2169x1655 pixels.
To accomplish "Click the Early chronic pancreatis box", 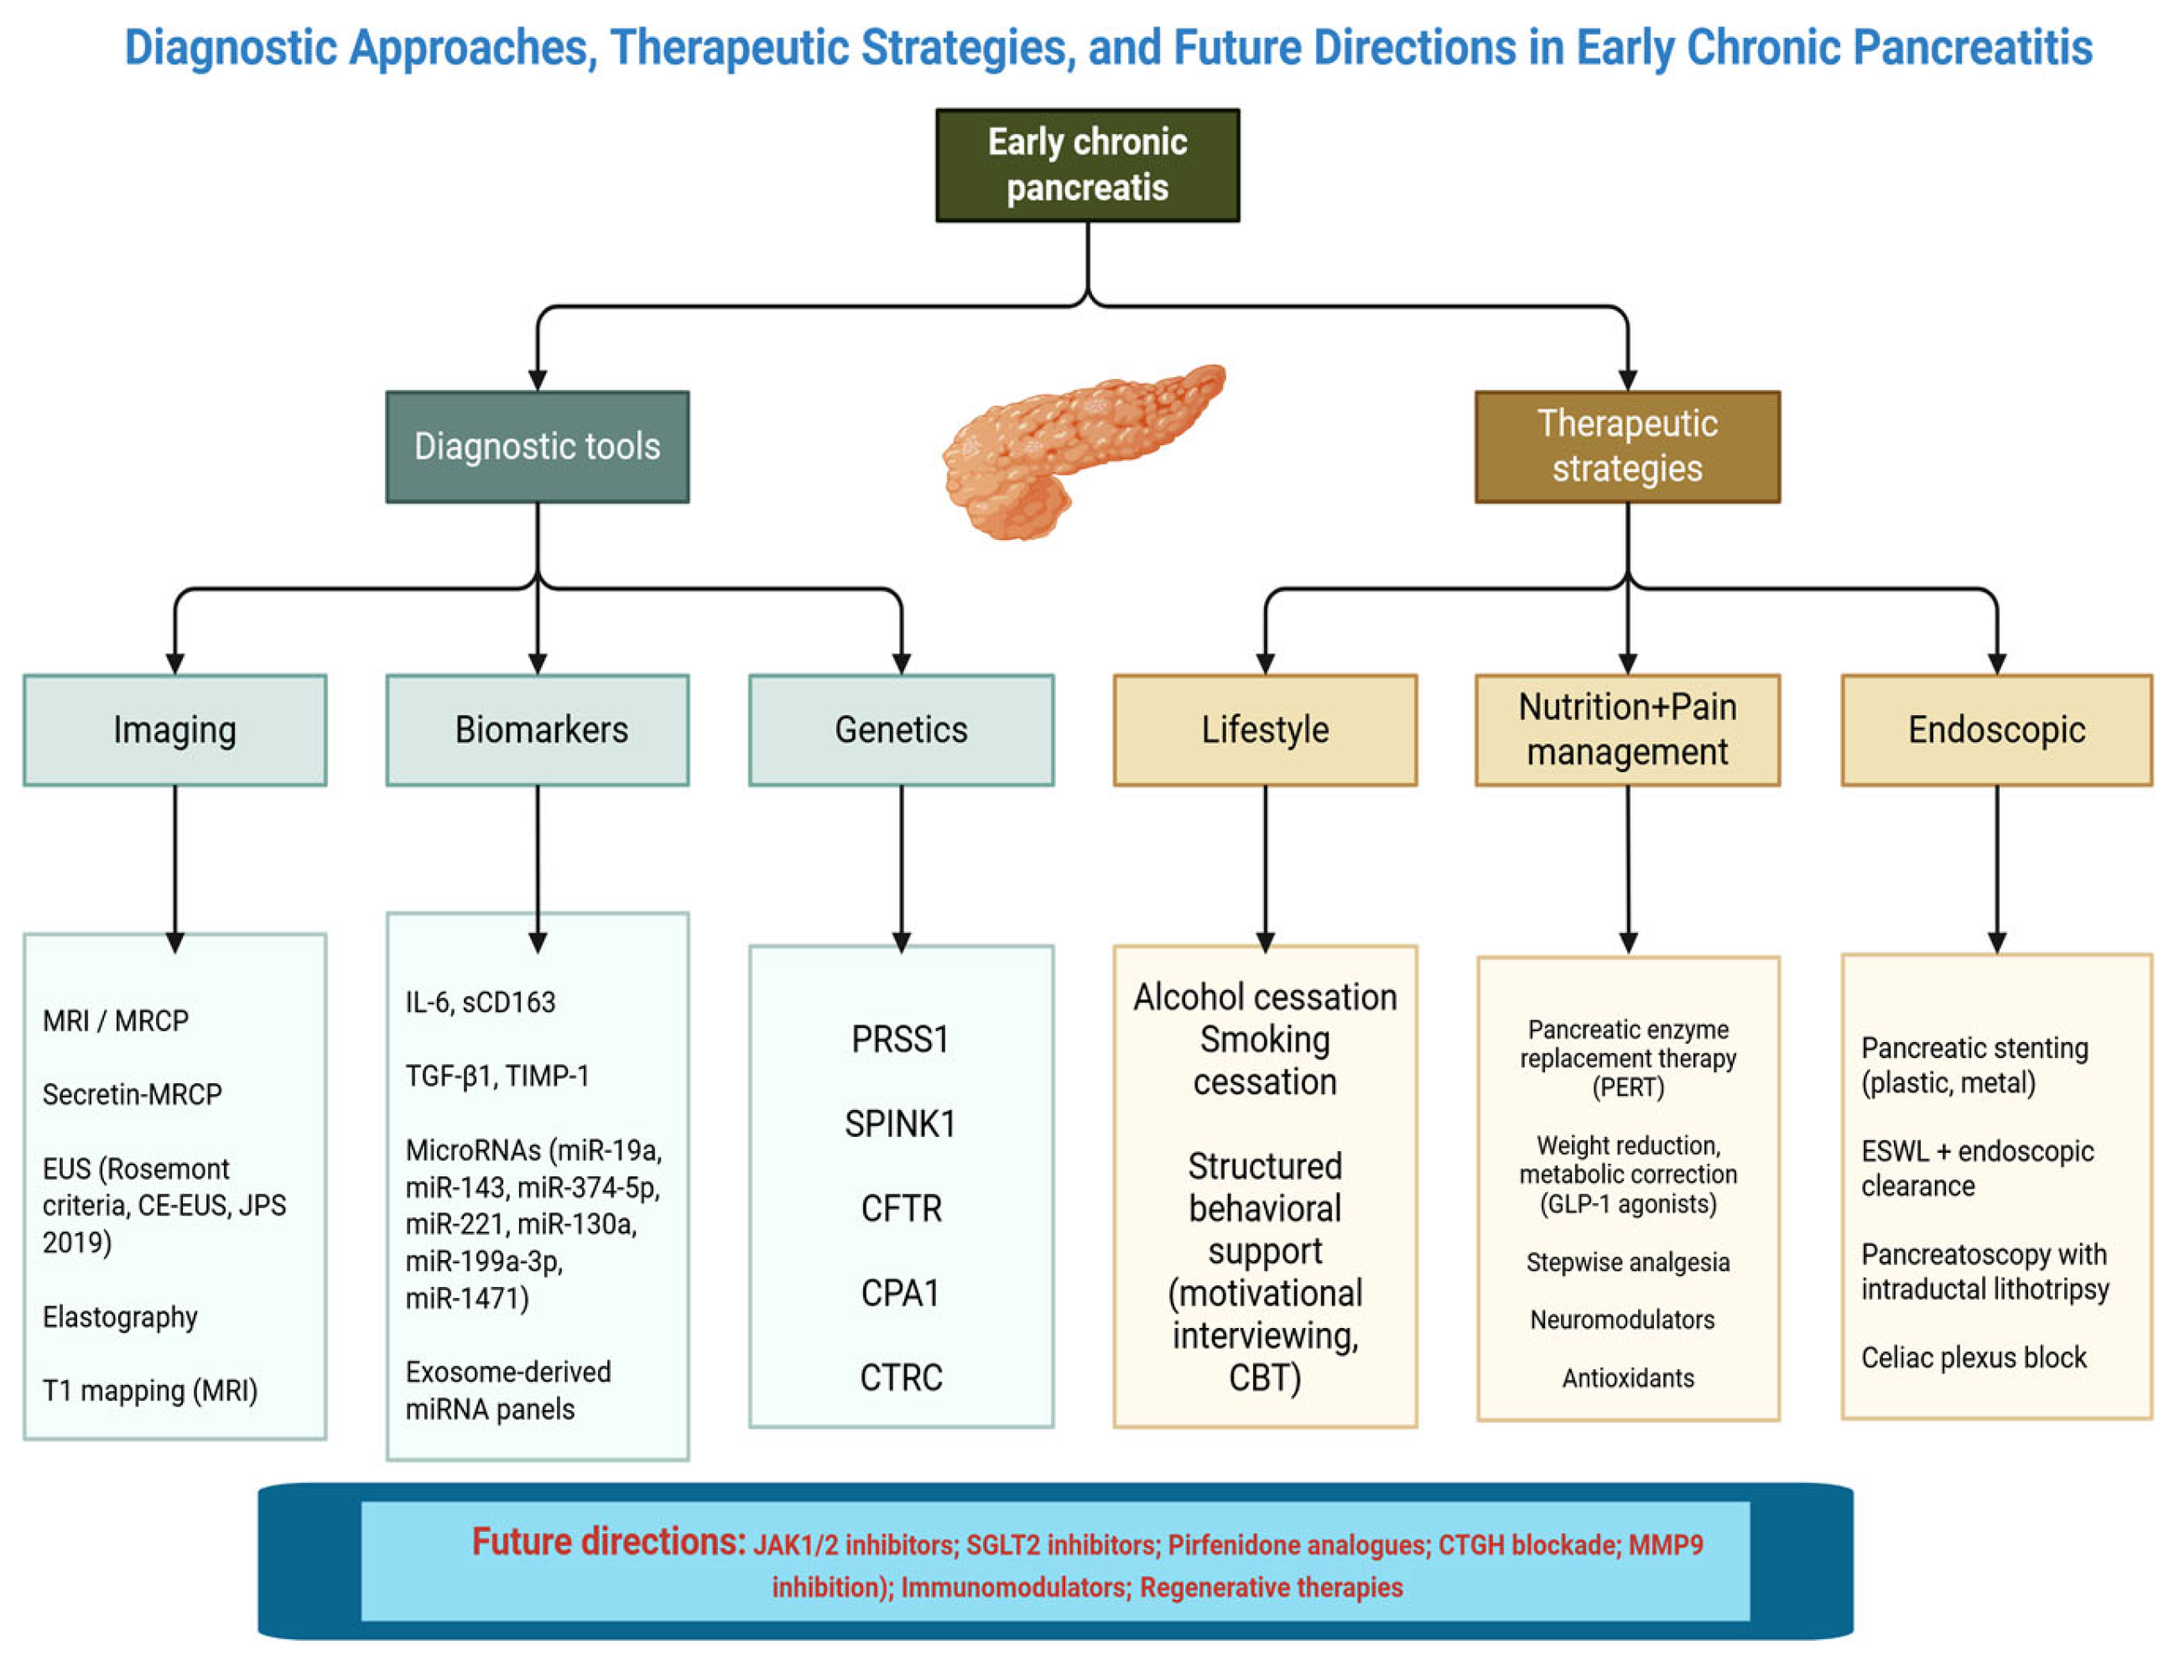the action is point(1087,165).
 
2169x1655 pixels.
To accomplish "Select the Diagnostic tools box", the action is point(537,447).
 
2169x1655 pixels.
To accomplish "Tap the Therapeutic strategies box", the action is point(1627,447).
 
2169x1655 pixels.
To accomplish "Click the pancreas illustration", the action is point(1082,451).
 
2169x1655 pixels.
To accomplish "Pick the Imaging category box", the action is point(174,730).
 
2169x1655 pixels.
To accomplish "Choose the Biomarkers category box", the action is point(537,730).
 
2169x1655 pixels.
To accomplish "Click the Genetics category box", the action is point(901,730).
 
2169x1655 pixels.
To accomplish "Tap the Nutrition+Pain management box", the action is point(1627,730).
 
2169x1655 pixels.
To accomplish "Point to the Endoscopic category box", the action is point(1995,730).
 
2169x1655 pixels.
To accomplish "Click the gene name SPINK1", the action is point(900,1124).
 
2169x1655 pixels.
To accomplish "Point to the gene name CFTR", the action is point(901,1209).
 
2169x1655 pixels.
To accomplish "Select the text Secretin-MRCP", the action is point(132,1094).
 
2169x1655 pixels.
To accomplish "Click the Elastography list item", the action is point(120,1317).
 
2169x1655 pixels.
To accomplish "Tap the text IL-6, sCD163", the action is point(480,1003).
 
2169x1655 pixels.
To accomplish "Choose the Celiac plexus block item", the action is point(1973,1357).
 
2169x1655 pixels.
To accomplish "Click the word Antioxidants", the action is point(1627,1378).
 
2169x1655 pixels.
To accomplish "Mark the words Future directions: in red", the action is point(608,1542).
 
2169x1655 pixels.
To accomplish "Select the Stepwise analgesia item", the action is point(1627,1263).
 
